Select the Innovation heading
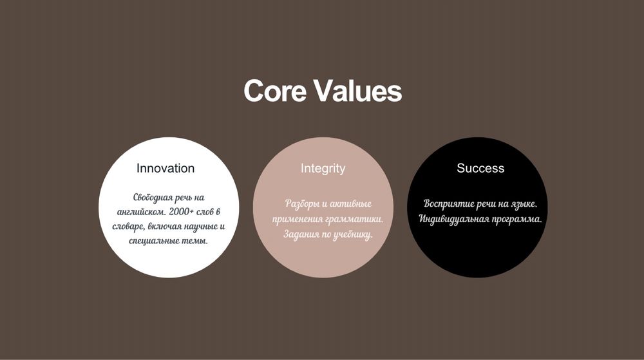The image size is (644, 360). pos(166,168)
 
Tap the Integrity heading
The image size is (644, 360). pos(323,169)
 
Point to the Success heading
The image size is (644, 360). pos(480,168)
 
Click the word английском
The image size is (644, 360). pos(142,213)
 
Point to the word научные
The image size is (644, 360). pos(201,227)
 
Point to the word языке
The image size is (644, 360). pos(524,204)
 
